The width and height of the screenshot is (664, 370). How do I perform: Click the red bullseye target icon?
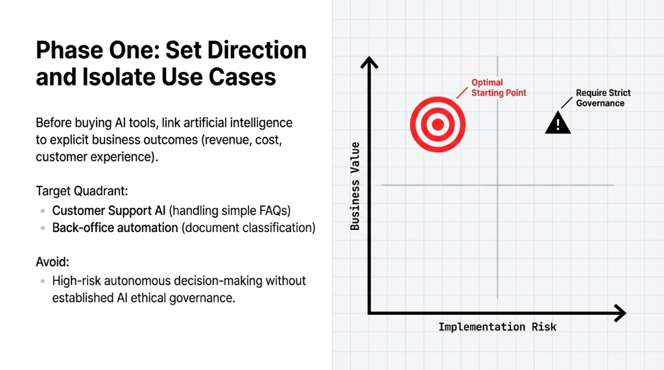(x=437, y=124)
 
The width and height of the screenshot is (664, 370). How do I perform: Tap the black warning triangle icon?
(x=558, y=122)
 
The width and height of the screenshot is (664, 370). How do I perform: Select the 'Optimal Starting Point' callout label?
(x=499, y=87)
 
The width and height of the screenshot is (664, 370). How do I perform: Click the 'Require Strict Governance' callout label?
(x=603, y=98)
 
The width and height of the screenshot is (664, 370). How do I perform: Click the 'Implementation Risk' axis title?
(x=497, y=327)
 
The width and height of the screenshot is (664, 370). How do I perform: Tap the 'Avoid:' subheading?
(x=53, y=262)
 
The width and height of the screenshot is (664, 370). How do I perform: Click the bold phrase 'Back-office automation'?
(x=115, y=228)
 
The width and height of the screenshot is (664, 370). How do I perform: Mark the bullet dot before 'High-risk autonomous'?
(x=42, y=281)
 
